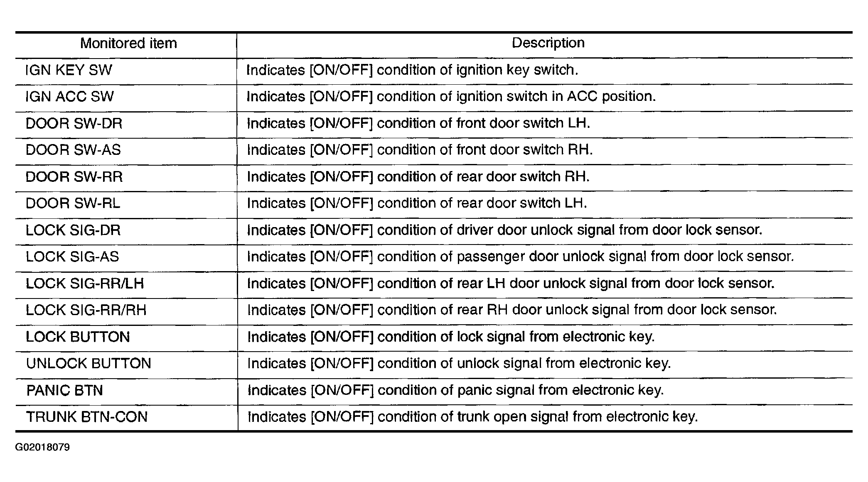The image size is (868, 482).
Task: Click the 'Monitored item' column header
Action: point(128,43)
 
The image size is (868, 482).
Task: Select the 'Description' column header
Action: point(548,43)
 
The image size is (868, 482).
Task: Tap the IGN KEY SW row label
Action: point(69,70)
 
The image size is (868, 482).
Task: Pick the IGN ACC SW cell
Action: point(69,97)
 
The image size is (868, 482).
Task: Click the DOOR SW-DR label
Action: point(74,123)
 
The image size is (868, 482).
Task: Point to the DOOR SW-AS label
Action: point(73,150)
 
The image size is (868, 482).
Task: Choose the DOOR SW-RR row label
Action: point(74,177)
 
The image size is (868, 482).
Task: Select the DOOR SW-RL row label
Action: point(73,203)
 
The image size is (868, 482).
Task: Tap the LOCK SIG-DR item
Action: point(73,230)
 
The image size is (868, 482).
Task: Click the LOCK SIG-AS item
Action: point(72,257)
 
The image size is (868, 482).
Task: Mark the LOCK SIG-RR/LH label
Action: point(85,284)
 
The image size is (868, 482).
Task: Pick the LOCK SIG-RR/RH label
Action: point(86,310)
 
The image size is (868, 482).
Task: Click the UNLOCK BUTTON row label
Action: point(89,364)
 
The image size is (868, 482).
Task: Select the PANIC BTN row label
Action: point(64,390)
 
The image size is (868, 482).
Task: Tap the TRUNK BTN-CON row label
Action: point(87,417)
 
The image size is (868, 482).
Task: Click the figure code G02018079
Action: point(42,448)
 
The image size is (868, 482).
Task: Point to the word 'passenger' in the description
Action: point(490,257)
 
